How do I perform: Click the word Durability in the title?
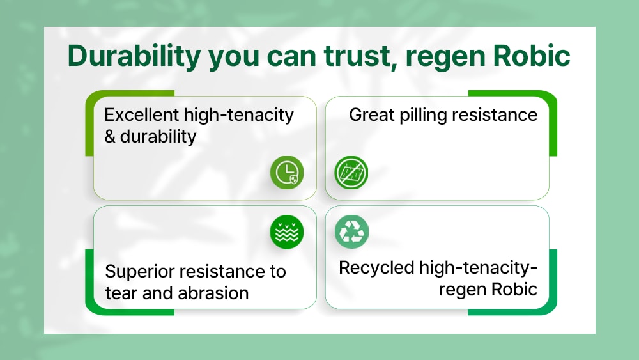pyautogui.click(x=134, y=56)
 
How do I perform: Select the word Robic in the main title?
pyautogui.click(x=532, y=56)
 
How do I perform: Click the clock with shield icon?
pyautogui.click(x=287, y=173)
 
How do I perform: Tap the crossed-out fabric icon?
pyautogui.click(x=351, y=173)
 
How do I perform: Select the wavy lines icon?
pyautogui.click(x=287, y=232)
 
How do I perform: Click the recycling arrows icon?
pyautogui.click(x=351, y=231)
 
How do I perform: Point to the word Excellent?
pyautogui.click(x=142, y=115)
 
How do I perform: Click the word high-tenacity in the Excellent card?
pyautogui.click(x=239, y=116)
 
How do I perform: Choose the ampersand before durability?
pyautogui.click(x=110, y=137)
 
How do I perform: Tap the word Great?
pyautogui.click(x=372, y=115)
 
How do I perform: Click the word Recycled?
pyautogui.click(x=376, y=269)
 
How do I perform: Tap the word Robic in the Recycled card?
pyautogui.click(x=514, y=290)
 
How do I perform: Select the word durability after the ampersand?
pyautogui.click(x=158, y=137)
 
